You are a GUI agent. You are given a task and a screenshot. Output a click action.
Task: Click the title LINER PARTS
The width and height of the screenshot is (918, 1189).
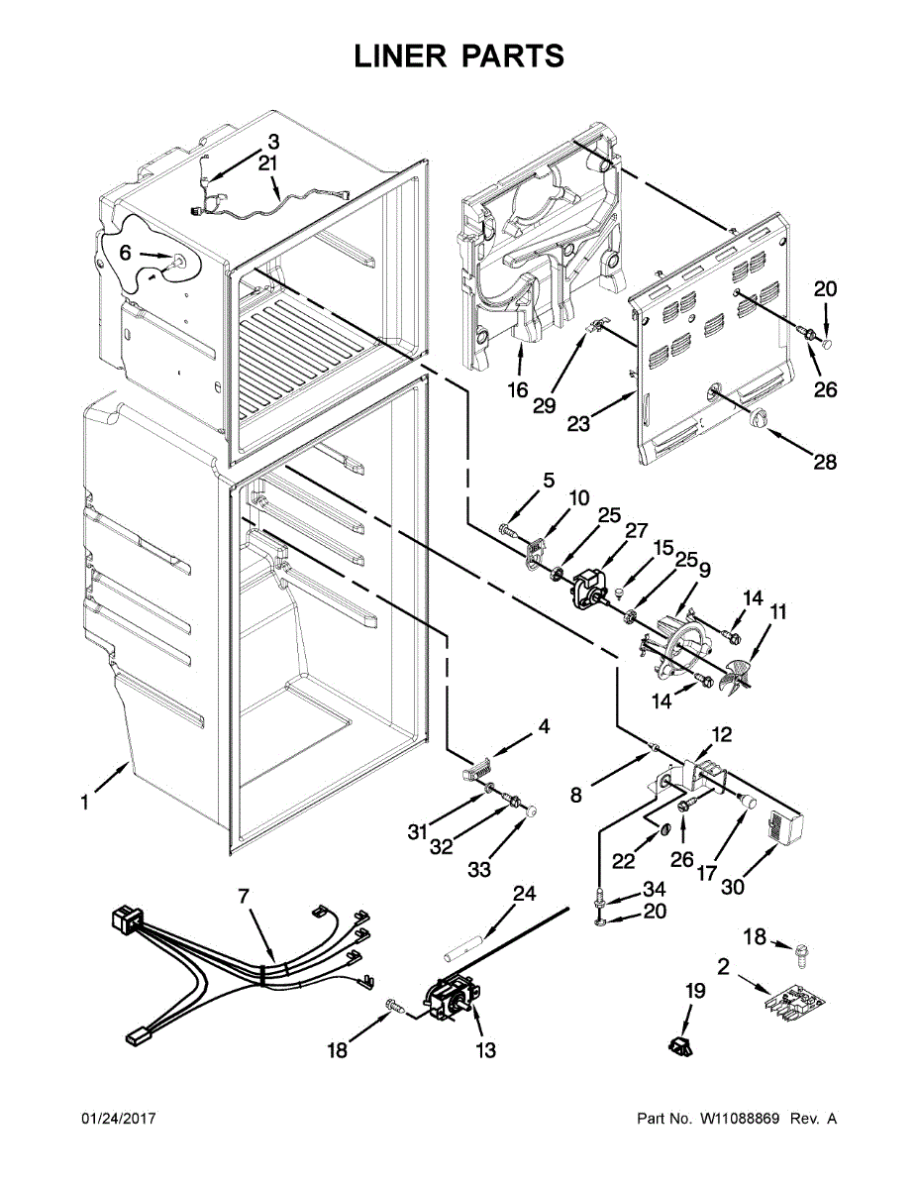point(459,56)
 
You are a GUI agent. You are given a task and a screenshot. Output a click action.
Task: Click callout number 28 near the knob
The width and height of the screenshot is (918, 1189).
point(824,461)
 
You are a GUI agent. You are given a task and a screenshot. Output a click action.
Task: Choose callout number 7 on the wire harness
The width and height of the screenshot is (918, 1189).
point(244,896)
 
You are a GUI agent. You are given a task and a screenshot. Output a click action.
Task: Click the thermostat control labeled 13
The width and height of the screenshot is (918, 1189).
point(451,995)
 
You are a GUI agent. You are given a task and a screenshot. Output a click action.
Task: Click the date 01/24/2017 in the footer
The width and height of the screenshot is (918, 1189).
point(118,1119)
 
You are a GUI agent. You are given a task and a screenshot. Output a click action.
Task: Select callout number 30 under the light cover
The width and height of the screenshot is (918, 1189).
point(732,888)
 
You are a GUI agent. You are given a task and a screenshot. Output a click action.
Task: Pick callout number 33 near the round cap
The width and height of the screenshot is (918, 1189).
point(479,870)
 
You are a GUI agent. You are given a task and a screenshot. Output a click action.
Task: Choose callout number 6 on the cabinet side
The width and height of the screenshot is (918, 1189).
point(125,254)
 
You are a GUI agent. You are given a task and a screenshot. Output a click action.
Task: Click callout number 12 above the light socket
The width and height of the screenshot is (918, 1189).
point(722,734)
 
